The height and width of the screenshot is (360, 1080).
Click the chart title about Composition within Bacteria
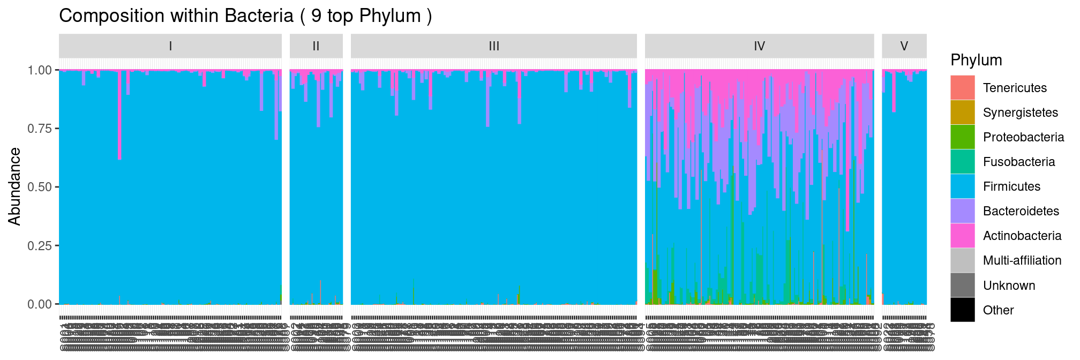245,16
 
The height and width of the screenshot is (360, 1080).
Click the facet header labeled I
170,46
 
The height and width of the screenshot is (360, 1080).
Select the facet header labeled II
316,46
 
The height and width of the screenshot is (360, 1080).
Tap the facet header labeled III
494,46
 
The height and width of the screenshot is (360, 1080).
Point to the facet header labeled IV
759,46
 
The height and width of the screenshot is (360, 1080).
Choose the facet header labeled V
904,46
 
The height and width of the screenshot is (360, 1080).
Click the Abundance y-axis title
14,186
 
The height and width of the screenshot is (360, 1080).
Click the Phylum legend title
976,60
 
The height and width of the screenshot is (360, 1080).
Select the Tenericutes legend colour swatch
963,88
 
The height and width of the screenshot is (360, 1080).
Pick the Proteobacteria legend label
1023,137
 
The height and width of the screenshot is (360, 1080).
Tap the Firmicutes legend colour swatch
963,186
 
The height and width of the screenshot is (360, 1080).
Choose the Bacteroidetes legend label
1021,211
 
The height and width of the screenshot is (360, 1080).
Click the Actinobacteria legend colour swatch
963,236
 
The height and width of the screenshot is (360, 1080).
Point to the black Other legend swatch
963,310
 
